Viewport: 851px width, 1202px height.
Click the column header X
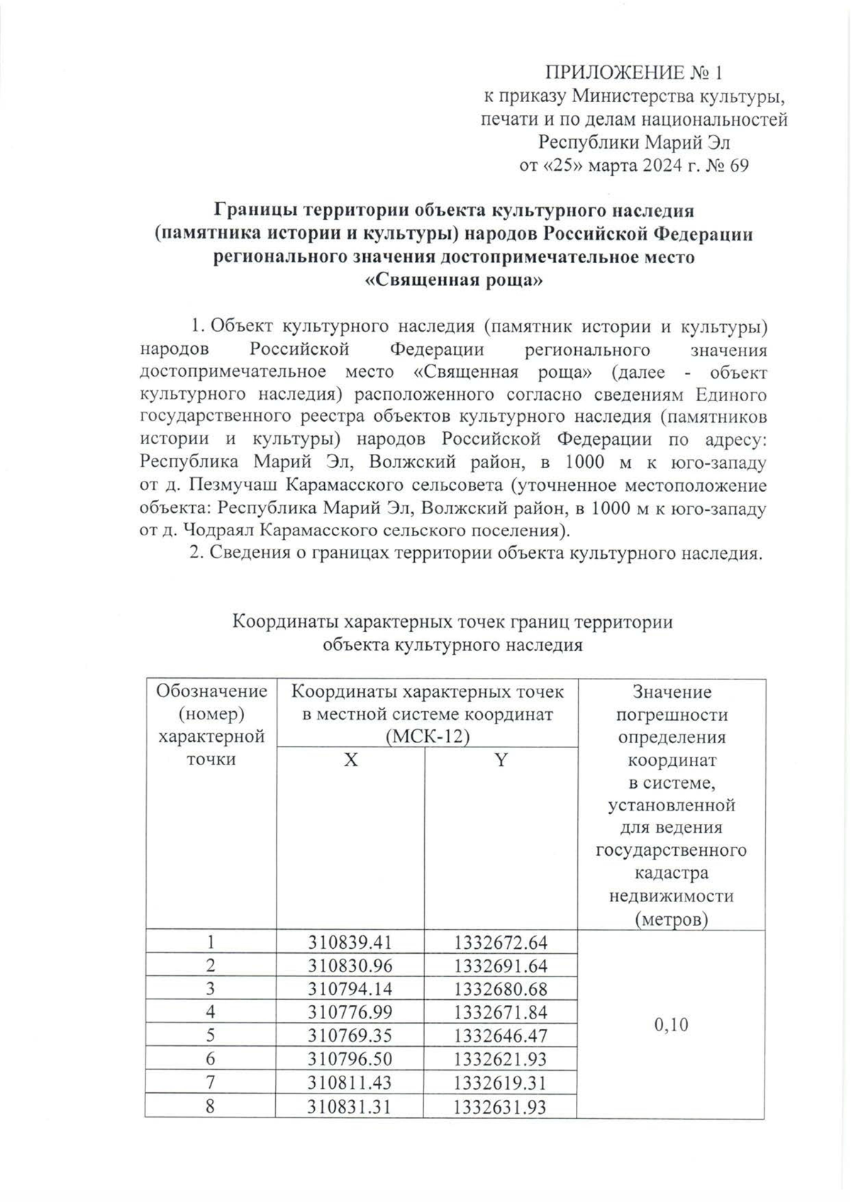(350, 760)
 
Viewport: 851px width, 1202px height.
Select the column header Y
(501, 760)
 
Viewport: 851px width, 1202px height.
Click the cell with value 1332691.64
(501, 965)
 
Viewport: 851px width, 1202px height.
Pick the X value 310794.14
(350, 989)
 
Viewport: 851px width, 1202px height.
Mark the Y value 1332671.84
(501, 1012)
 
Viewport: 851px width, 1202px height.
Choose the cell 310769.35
(350, 1035)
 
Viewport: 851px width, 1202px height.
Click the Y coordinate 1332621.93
(501, 1059)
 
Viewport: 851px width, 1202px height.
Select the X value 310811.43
(350, 1083)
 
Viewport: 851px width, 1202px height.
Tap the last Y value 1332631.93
(501, 1106)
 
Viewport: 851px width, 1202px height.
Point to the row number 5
(211, 1035)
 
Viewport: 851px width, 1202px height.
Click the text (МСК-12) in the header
(428, 737)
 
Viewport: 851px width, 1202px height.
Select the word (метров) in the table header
(672, 919)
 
